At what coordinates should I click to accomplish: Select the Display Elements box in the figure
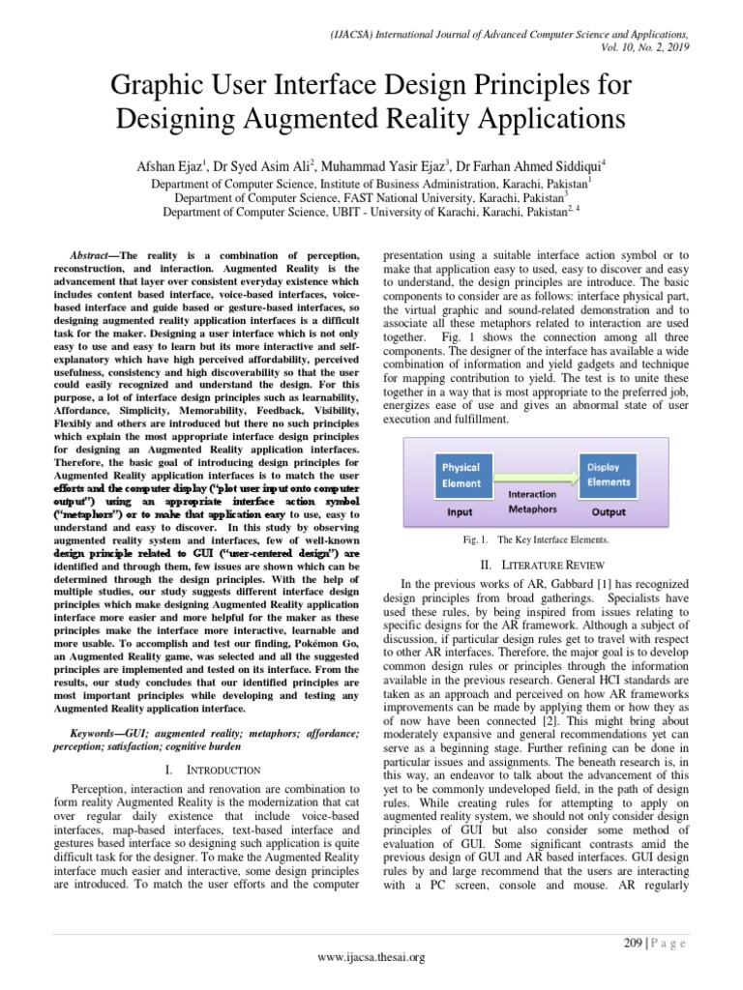pyautogui.click(x=609, y=474)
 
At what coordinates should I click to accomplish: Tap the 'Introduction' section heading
pyautogui.click(x=216, y=770)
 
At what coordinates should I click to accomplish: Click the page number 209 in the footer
pyautogui.click(x=632, y=944)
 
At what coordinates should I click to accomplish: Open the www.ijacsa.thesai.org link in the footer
pyautogui.click(x=371, y=957)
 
